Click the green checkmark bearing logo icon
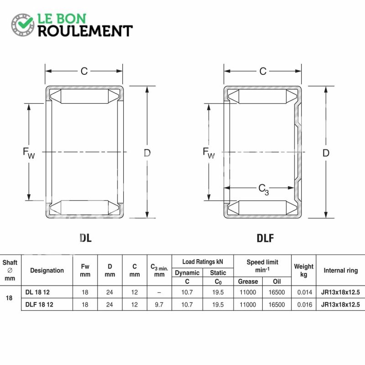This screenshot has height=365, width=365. click(23, 25)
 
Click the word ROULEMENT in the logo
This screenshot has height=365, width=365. click(85, 31)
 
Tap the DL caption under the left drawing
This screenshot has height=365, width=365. click(85, 238)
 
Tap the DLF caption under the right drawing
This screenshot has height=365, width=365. click(265, 238)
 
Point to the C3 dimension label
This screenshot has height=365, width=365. click(264, 189)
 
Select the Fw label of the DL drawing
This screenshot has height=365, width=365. click(29, 153)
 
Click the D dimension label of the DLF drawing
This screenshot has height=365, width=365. click(326, 153)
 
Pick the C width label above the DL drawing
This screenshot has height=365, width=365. click(84, 71)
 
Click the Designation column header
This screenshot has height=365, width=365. click(47, 270)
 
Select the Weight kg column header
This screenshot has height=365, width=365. click(303, 270)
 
